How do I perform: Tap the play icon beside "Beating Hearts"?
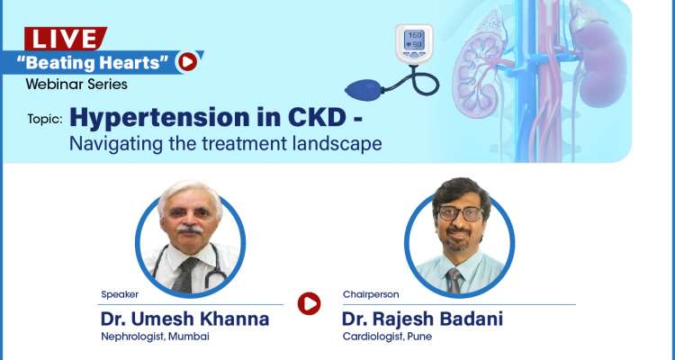(187, 61)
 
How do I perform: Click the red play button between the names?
(309, 304)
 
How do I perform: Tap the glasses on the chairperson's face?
(458, 213)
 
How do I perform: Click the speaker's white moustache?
(189, 230)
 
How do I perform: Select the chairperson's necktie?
(454, 278)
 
